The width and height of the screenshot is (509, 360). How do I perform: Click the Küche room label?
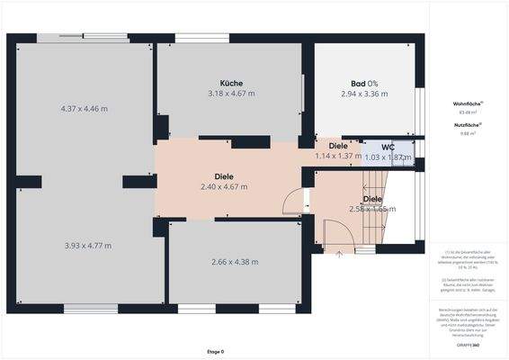pos(231,83)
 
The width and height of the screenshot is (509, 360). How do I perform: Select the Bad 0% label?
pos(364,83)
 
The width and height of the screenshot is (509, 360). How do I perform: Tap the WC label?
pos(388,147)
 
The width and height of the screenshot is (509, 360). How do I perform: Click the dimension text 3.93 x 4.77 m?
pos(87,245)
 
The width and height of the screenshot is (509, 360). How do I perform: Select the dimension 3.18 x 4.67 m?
pos(231,94)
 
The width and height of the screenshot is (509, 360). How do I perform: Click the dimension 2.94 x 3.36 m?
pos(364,94)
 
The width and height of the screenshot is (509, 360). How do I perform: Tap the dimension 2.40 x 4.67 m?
pos(224,187)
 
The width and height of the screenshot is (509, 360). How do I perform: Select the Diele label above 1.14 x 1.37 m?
pos(338,145)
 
